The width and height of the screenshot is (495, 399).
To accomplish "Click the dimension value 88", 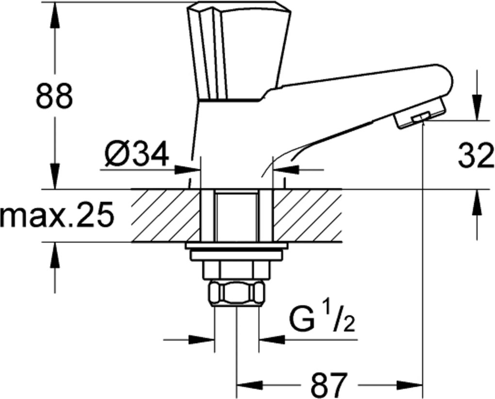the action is coord(54,96).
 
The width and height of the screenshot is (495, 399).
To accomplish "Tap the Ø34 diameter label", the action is coord(136,153).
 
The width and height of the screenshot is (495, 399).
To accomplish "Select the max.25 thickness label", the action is coord(56,215).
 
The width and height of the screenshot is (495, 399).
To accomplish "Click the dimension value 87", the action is coord(329,384).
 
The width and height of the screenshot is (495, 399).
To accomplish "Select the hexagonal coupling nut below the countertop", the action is coord(237,293).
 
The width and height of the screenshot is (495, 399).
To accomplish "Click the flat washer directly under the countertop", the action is coord(237,245).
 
